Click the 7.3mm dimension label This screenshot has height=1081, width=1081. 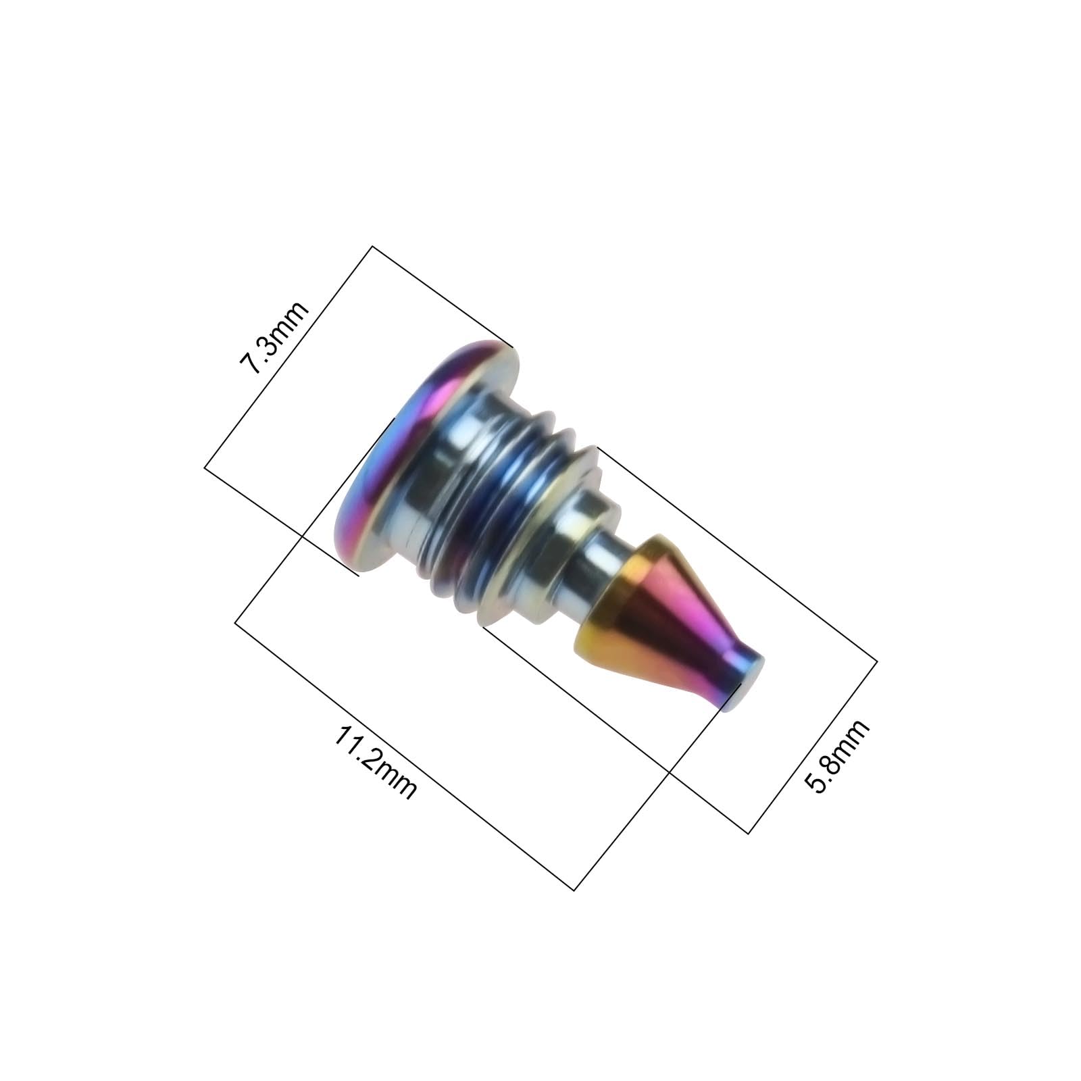tap(274, 336)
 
